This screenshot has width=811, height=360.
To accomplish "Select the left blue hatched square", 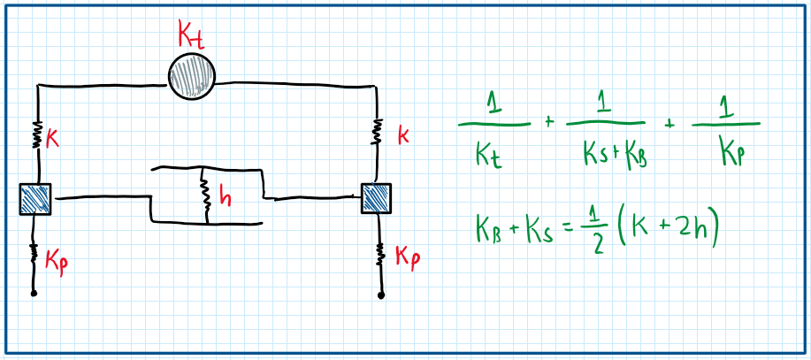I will tap(35, 199).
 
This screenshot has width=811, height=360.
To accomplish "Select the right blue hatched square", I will tap(378, 198).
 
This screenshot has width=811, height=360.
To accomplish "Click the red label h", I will tap(225, 198).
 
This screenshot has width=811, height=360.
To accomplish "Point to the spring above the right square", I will tap(379, 130).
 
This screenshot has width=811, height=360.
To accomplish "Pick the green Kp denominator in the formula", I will tap(727, 153).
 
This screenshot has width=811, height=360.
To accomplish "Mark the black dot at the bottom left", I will tap(34, 293).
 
